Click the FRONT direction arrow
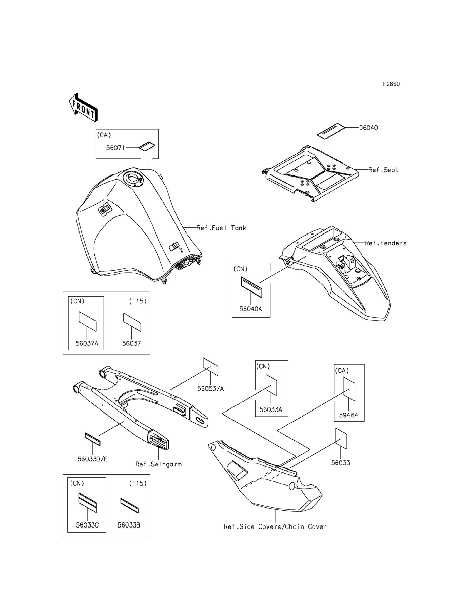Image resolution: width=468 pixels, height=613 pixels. point(83,108)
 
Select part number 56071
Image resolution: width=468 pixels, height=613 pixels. point(115,148)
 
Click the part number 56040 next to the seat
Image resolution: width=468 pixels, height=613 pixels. point(368,128)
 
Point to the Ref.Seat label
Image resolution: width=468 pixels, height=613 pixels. point(383,170)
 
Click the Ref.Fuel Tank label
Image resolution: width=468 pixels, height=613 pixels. point(221,228)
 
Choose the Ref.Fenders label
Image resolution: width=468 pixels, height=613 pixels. point(386,243)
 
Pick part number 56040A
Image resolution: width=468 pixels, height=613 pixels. point(251,309)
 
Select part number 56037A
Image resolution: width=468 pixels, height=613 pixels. point(87,343)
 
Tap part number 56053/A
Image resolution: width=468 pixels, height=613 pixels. point(210,389)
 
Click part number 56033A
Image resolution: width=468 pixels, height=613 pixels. point(271,409)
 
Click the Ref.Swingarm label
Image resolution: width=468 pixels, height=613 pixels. point(158,464)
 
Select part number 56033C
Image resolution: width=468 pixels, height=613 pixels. point(87,525)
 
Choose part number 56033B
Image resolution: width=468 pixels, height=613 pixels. point(129,525)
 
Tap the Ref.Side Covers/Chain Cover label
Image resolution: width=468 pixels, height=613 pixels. point(275,527)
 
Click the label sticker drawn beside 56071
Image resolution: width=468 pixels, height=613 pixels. point(147,146)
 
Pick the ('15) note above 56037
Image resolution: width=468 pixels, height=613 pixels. point(138,301)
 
